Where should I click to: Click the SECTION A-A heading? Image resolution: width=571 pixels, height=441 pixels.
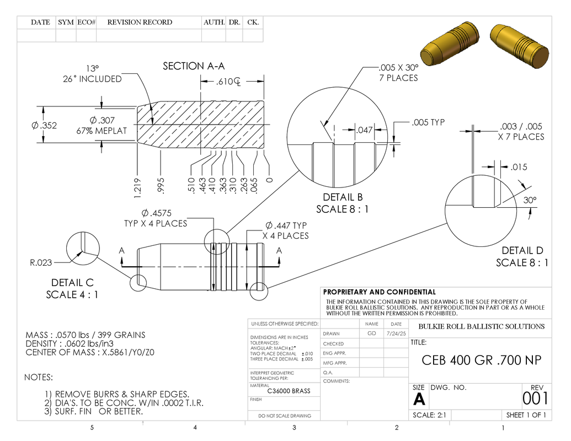pos(194,66)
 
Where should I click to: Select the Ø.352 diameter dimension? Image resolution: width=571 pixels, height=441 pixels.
pos(44,126)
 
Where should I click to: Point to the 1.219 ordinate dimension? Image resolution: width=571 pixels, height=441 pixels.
pos(137,188)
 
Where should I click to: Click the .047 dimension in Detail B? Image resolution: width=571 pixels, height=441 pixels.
pos(364,130)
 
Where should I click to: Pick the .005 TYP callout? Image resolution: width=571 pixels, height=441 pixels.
pos(428,122)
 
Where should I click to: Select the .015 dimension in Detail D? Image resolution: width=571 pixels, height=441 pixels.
pos(519,167)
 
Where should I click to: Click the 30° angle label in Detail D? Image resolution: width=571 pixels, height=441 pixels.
pos(530,200)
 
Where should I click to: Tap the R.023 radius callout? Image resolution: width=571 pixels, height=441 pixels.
pos(41,262)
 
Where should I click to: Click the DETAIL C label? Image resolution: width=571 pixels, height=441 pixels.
pos(72,283)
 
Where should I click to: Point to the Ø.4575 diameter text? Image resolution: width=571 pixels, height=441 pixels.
pos(156,213)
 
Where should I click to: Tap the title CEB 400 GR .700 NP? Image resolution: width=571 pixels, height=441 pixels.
pos(482,360)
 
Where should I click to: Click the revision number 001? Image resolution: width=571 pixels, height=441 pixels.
pos(535,399)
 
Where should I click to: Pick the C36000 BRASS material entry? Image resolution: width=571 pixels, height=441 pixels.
pos(289,391)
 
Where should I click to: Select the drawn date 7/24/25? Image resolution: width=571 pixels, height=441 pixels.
pos(396,334)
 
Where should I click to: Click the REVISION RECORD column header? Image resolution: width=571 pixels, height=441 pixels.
pos(140,22)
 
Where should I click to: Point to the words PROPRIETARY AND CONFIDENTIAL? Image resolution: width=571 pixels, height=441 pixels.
pos(379,292)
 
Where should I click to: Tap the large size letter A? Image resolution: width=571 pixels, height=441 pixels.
pos(419,399)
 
